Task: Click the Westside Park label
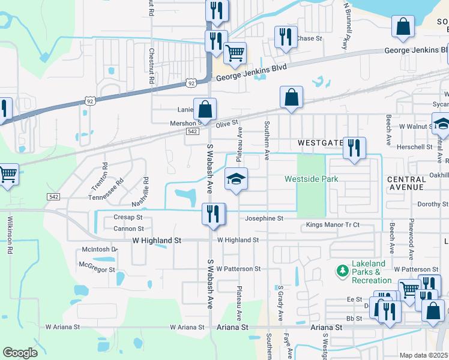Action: [x=311, y=179]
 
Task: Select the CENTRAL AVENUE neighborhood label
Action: [x=406, y=183]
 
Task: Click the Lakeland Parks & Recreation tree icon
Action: [x=343, y=271]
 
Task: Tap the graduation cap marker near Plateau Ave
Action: [x=237, y=178]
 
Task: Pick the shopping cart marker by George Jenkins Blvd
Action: [x=235, y=53]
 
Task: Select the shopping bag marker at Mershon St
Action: [x=205, y=109]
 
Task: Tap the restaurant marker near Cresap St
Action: [x=213, y=214]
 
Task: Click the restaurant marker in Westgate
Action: [x=354, y=148]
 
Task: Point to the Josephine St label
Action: [x=264, y=218]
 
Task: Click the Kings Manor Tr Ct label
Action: [x=333, y=224]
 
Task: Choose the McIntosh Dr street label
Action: [x=100, y=250]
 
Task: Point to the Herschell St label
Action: [x=414, y=146]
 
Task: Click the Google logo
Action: [x=20, y=353]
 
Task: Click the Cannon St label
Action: [x=128, y=229]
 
